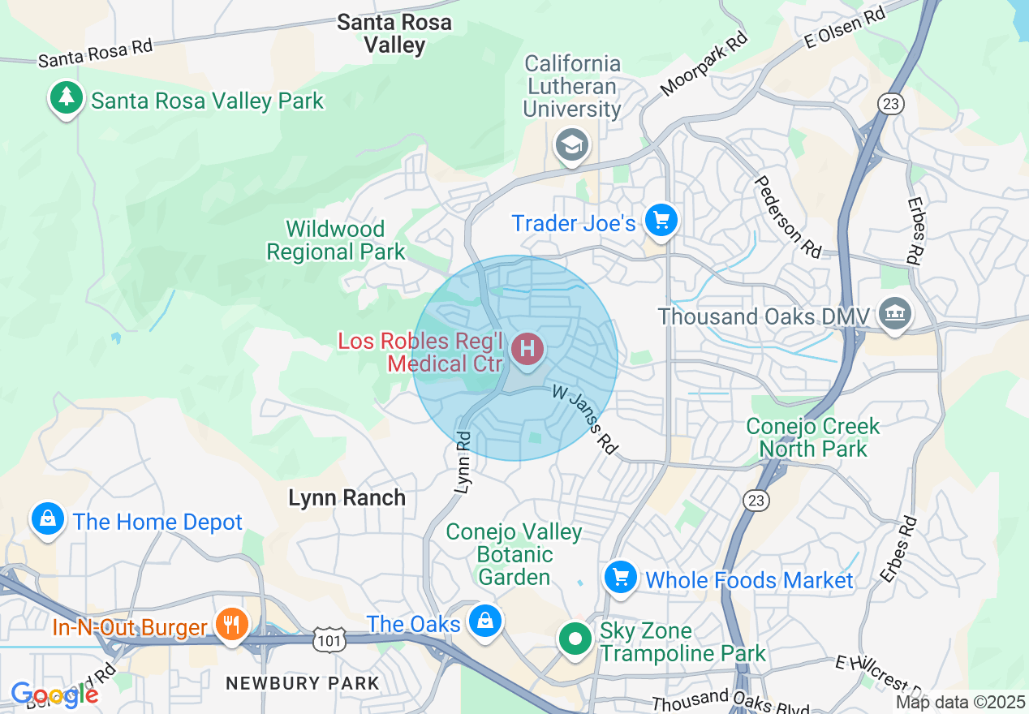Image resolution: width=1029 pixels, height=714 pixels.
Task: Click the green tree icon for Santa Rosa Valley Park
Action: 67,98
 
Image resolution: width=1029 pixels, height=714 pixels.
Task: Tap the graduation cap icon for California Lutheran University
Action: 572,146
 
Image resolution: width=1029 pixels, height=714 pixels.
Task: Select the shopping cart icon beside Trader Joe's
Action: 661,220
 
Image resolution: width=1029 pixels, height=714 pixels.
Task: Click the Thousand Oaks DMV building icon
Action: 894,314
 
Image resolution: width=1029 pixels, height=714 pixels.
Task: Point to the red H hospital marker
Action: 527,350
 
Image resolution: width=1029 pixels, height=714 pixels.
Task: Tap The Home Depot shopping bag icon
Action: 48,518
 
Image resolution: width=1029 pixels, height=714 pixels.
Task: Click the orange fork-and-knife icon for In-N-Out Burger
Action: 231,625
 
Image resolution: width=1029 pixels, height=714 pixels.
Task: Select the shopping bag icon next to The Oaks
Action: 484,621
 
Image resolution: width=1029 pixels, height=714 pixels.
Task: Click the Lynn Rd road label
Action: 463,462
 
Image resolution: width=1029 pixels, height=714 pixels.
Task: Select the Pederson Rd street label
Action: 777,213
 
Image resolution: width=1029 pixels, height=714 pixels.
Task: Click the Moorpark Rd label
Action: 703,65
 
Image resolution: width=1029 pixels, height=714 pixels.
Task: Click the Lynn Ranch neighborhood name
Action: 347,497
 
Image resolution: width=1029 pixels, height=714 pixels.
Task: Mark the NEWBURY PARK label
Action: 302,683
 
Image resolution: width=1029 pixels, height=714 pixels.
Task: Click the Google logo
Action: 54,695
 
